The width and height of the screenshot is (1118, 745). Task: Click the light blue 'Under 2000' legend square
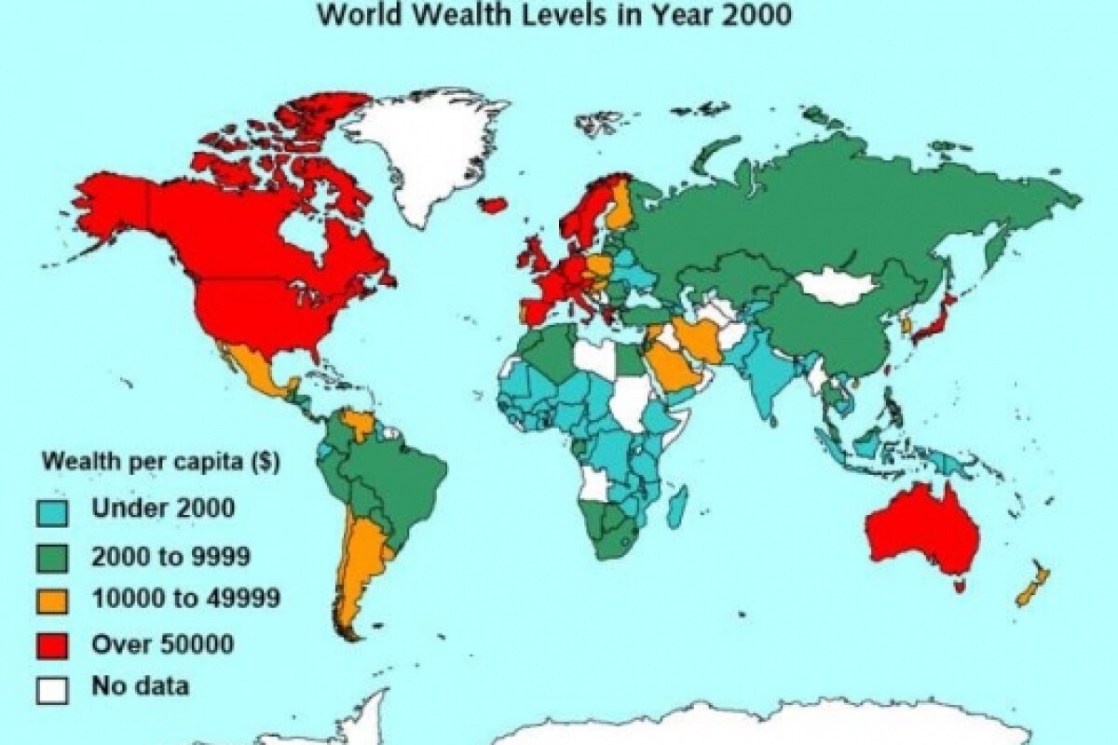click(49, 510)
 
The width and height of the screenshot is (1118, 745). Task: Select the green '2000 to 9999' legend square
click(49, 558)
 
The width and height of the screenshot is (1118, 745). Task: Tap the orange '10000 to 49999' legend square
click(49, 600)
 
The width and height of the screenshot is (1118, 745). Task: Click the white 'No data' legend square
click(49, 689)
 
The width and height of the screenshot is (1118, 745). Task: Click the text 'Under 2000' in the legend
click(163, 508)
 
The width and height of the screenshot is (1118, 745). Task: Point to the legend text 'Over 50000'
click(163, 643)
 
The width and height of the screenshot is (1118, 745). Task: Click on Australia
click(922, 531)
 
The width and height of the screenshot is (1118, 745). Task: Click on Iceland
click(495, 204)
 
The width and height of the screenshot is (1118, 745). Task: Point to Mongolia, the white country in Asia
click(838, 287)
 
